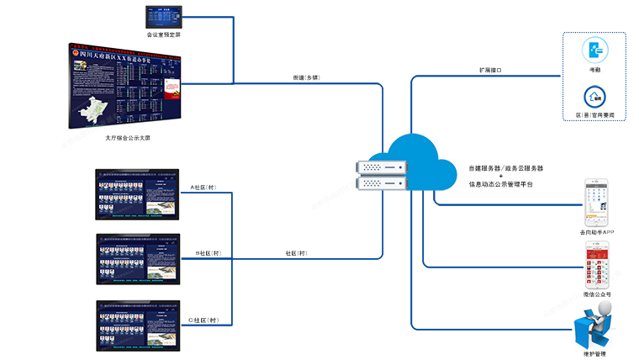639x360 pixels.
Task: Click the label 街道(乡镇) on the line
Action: coord(306,77)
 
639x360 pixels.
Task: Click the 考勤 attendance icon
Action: coord(594,48)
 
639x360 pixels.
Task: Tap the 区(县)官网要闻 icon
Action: coord(594,96)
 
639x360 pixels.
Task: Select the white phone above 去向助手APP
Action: coord(596,202)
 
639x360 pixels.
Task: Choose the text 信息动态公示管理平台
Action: coord(501,183)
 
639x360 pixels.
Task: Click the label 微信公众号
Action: coord(596,295)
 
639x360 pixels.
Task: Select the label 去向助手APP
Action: coord(596,231)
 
